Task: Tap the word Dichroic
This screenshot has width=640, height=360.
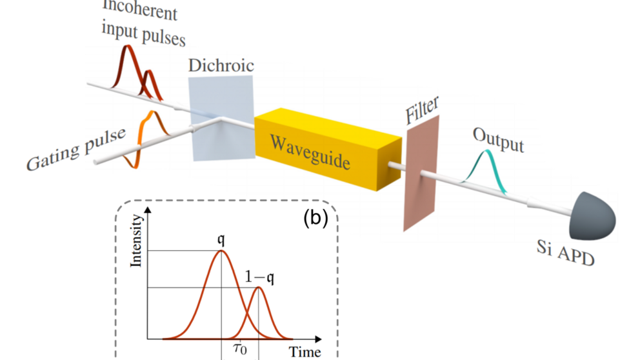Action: [x=221, y=65]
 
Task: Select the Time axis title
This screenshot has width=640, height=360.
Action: [x=304, y=352]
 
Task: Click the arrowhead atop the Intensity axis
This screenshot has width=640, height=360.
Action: [x=148, y=212]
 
